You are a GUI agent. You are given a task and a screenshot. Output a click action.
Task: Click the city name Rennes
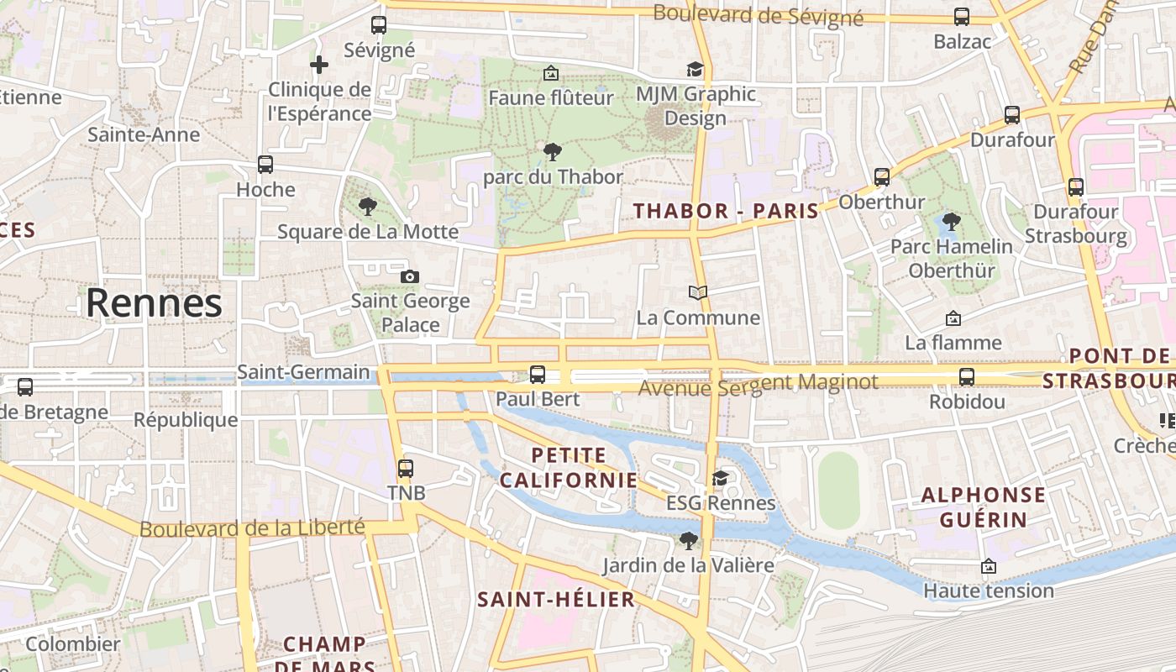[x=154, y=303]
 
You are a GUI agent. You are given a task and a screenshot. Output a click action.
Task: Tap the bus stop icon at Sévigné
[x=379, y=25]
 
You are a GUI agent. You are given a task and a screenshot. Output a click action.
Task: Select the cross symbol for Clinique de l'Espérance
[x=319, y=64]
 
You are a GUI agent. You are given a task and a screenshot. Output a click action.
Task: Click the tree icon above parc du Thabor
[x=553, y=152]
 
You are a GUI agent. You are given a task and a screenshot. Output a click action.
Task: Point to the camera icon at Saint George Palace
[x=410, y=276]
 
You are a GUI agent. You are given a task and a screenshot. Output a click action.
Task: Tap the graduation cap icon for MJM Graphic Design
[x=696, y=69]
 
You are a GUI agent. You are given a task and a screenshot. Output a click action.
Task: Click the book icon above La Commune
[x=698, y=292]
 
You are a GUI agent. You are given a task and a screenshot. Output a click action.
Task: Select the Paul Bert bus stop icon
[x=538, y=374]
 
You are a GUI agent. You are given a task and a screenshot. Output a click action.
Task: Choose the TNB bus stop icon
[x=406, y=468]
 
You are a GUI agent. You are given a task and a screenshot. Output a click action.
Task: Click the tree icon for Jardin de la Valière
[x=689, y=540]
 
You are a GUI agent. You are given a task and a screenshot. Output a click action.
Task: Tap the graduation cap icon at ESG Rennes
[x=720, y=478]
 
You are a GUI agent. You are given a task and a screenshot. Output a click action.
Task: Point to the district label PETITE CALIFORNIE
[x=568, y=468]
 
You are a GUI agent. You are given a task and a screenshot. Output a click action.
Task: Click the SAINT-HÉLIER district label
[x=556, y=600]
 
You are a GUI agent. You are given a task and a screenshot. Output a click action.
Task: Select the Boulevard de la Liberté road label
[x=252, y=528]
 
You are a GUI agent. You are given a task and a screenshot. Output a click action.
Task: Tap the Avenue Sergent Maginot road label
[x=758, y=385]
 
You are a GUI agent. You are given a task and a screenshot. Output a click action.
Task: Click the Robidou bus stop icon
[x=967, y=377]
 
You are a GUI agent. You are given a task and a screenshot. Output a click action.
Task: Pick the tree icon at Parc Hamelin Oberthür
[x=951, y=222]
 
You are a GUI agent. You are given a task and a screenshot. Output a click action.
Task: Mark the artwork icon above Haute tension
[x=989, y=567]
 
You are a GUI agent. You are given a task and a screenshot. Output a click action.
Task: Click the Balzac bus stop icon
[x=962, y=17]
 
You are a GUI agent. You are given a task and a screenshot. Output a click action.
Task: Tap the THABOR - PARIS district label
[x=726, y=211]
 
